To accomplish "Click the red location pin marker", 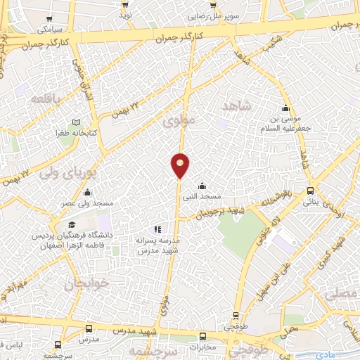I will pos(180,165).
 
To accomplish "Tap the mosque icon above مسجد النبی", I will pos(202,186).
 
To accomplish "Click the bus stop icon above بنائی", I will pos(311,191).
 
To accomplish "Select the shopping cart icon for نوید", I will pos(125,4).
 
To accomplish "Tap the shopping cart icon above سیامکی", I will pos(48,19).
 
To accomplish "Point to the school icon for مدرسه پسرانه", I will pos(157,229).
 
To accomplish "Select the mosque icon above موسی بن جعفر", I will pos(285,108).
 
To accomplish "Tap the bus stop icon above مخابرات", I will pos(202,337).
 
